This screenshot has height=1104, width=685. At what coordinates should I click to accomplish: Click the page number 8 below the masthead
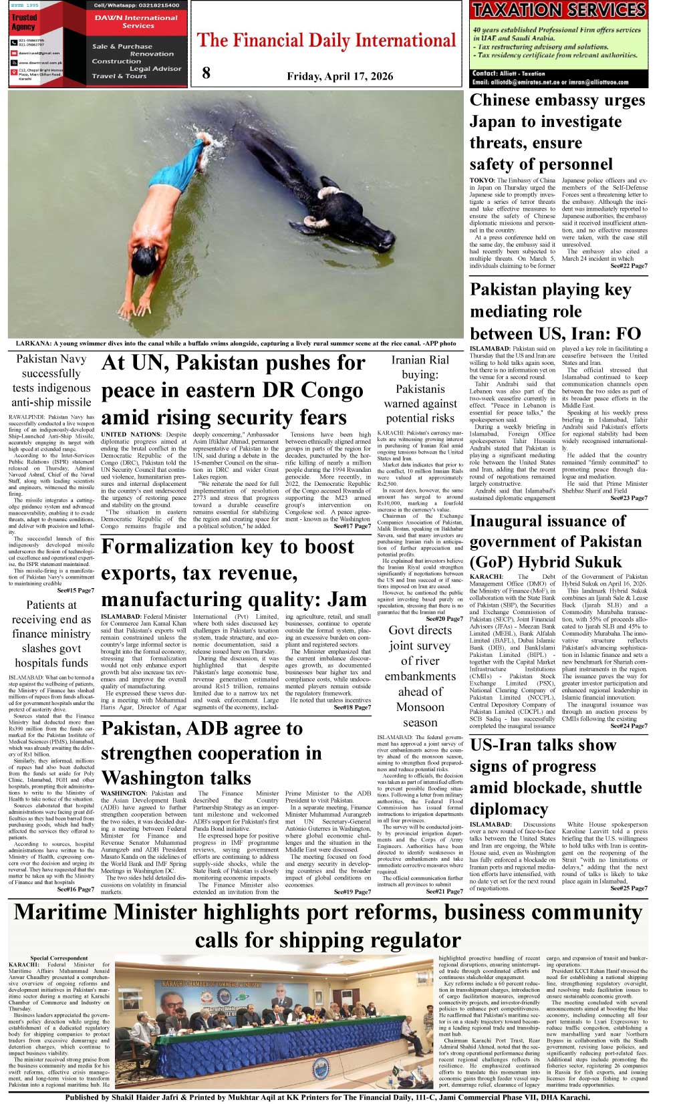coord(206,73)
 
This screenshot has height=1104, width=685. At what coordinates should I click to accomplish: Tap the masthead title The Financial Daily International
coord(327,41)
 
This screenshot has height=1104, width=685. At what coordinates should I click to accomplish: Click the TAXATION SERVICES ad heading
coord(559,10)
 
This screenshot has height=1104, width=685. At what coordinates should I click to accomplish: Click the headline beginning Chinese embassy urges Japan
coord(557,132)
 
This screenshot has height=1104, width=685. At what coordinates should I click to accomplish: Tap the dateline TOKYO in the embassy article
coord(481,180)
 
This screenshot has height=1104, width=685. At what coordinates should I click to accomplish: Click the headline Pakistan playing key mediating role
coord(555,311)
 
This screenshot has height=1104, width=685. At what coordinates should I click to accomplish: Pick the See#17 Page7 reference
coord(352,527)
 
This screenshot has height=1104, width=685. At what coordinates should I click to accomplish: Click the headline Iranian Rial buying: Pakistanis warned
coord(420,389)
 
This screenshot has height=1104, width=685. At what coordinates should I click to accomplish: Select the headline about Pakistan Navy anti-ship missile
coord(51,380)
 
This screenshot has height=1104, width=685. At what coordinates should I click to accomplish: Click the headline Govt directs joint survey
coord(420,676)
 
